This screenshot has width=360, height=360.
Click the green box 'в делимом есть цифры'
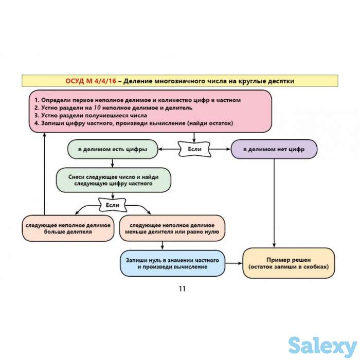pyautogui.click(x=112, y=149)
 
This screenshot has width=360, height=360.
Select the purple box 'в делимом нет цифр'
pyautogui.click(x=274, y=149)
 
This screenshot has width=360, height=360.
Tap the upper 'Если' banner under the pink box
pyautogui.click(x=194, y=149)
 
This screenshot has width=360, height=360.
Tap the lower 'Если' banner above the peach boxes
pyautogui.click(x=112, y=205)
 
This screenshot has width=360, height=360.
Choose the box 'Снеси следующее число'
pyautogui.click(x=113, y=180)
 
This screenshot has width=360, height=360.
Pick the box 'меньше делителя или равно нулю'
pyautogui.click(x=172, y=228)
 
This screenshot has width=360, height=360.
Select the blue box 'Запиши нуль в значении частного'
pyautogui.click(x=172, y=264)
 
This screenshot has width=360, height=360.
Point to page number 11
pyautogui.click(x=182, y=289)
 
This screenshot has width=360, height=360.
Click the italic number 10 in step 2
pyautogui.click(x=98, y=108)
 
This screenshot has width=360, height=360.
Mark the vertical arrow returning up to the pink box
pyautogui.click(x=44, y=175)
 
